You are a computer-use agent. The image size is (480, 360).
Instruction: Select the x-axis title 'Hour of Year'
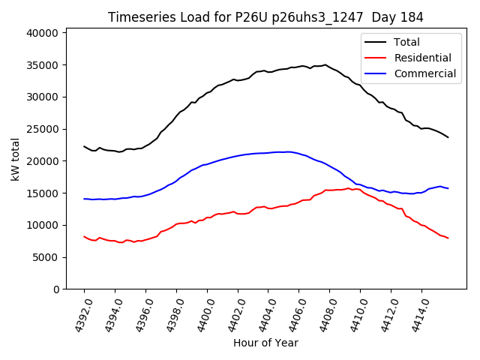[265, 343]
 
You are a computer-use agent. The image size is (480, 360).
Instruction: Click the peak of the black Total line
[325, 64]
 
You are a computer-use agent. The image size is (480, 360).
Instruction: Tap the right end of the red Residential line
[448, 238]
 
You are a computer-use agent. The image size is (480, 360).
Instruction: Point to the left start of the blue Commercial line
[84, 199]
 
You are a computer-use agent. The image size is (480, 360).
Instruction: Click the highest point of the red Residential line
[349, 188]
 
